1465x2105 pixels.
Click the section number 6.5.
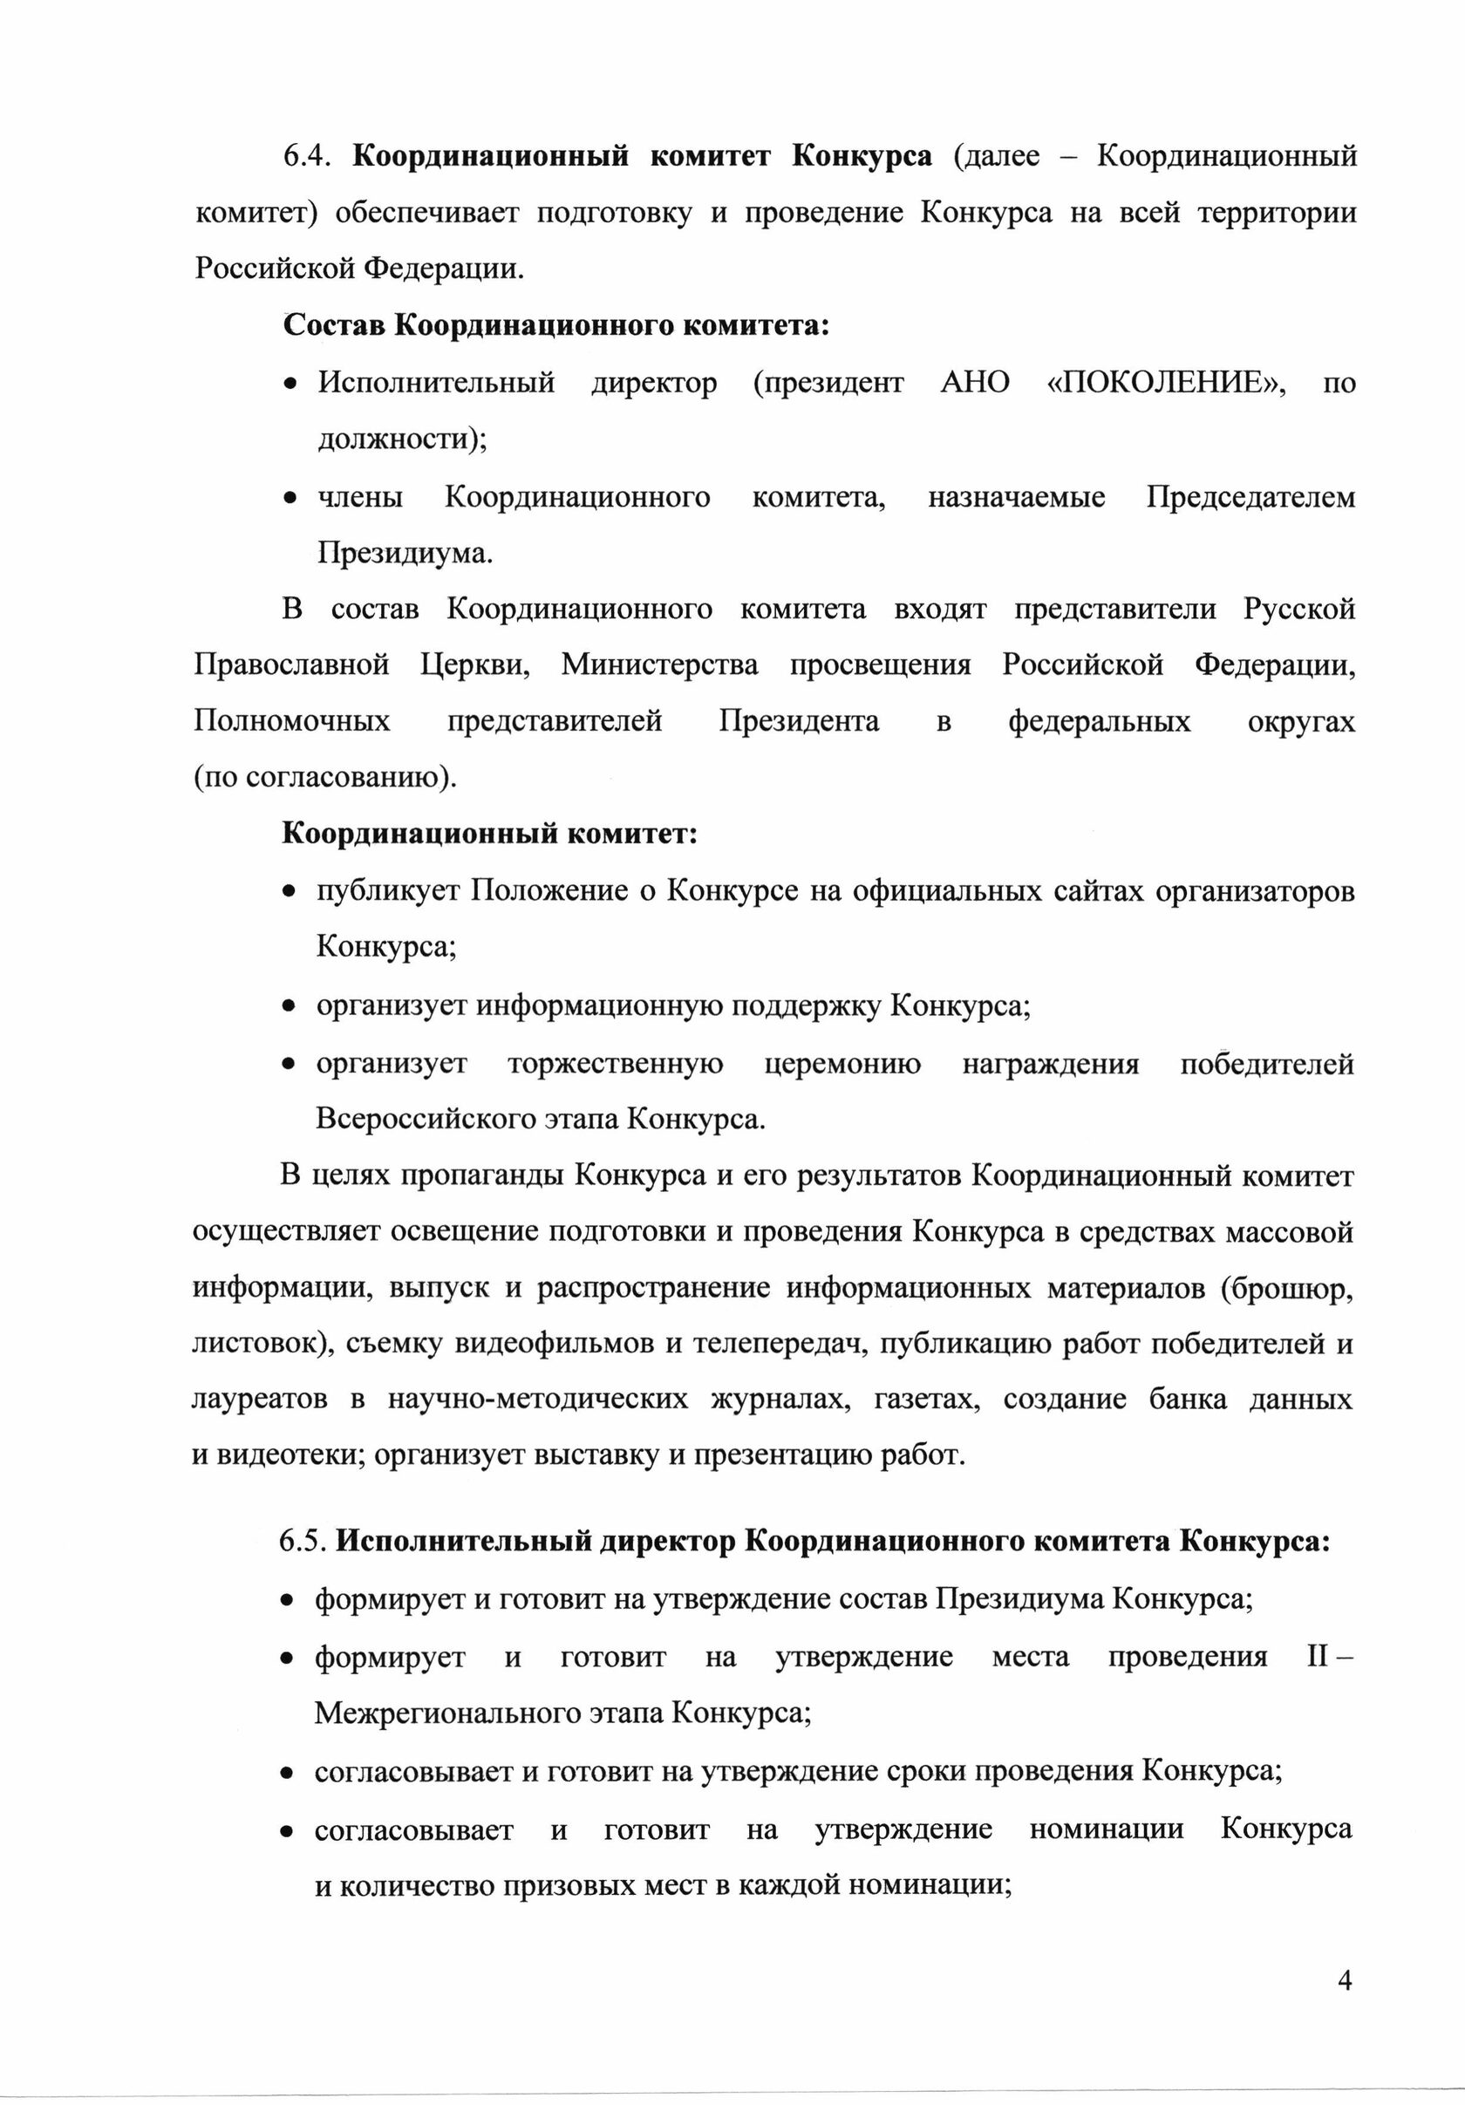pyautogui.click(x=303, y=1541)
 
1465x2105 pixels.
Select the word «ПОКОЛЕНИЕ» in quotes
pyautogui.click(x=1164, y=382)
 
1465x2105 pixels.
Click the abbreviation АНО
pyautogui.click(x=975, y=382)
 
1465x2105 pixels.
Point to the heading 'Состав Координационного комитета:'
pyautogui.click(x=555, y=325)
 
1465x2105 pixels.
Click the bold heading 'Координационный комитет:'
pyautogui.click(x=488, y=834)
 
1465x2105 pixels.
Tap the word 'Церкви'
pyautogui.click(x=476, y=664)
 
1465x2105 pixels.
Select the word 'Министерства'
pyautogui.click(x=659, y=664)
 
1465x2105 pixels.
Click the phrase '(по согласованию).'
pyautogui.click(x=324, y=778)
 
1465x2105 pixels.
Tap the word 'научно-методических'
pyautogui.click(x=537, y=1400)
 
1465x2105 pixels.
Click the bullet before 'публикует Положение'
pyautogui.click(x=289, y=891)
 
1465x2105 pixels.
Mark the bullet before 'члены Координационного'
pyautogui.click(x=290, y=499)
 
